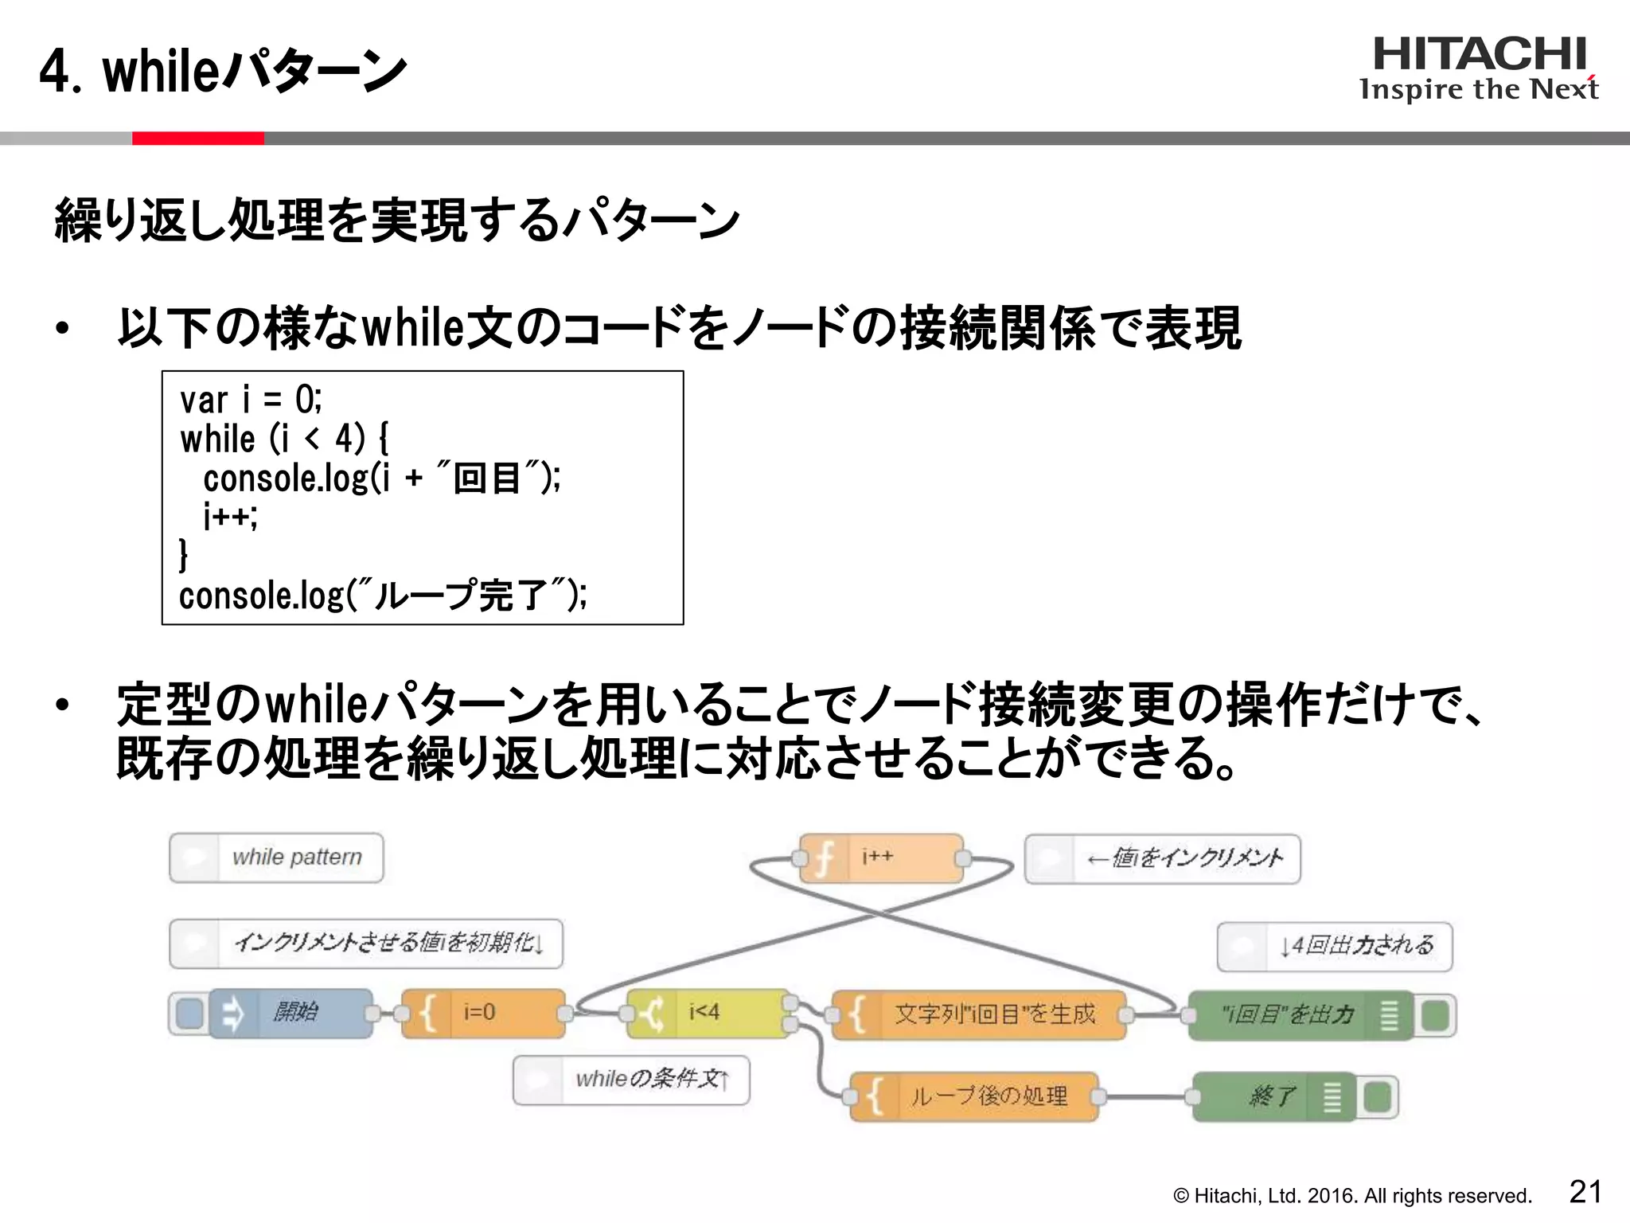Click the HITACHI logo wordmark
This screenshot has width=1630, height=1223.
(x=1479, y=54)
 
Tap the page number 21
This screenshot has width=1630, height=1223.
(x=1585, y=1192)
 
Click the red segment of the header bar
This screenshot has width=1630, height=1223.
(x=197, y=139)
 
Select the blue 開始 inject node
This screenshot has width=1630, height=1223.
(x=291, y=1013)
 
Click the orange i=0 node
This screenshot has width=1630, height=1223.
(x=484, y=1013)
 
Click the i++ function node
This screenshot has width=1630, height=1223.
(x=881, y=858)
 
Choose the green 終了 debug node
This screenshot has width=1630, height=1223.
(x=1273, y=1096)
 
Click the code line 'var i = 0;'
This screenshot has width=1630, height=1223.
(x=251, y=400)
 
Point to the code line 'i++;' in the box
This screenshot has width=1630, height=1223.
(x=230, y=517)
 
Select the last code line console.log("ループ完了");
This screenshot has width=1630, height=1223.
(x=383, y=595)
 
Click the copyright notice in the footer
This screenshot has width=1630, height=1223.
(x=1351, y=1196)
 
